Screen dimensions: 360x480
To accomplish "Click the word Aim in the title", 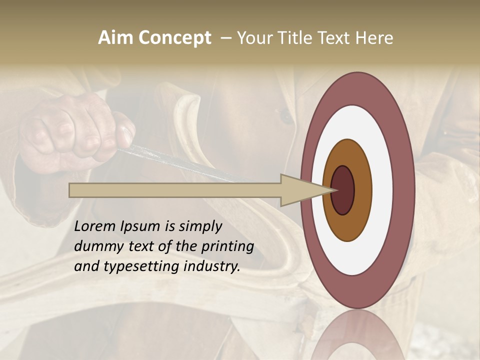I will pos(116,37).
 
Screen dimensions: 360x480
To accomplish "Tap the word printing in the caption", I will pos(227,246).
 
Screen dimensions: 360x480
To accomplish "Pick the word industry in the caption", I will pos(212,266).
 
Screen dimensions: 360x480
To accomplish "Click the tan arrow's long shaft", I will pos(175,190).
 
